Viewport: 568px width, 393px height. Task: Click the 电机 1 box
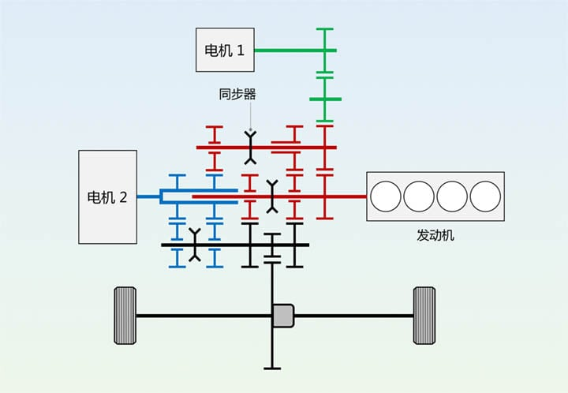pos(225,50)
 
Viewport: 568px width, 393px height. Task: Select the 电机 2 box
pos(107,196)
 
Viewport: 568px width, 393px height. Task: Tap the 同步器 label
pos(237,95)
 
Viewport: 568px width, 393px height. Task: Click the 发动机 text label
pos(435,235)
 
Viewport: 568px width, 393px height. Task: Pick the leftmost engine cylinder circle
pos(387,196)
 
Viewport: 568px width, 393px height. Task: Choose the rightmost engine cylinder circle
pos(485,196)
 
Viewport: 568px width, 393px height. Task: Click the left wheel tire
pos(125,316)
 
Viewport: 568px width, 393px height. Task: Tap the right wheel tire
pos(424,316)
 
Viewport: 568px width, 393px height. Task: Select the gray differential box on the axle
pos(283,316)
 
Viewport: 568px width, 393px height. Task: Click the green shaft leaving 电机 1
pos(288,51)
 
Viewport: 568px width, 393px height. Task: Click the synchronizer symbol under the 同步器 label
pos(252,147)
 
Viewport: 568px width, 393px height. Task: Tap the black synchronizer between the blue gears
pos(195,245)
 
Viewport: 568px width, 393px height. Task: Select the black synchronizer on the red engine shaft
pos(272,196)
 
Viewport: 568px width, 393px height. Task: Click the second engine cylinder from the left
pos(420,196)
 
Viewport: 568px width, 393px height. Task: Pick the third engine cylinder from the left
pos(453,196)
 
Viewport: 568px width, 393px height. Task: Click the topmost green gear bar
pos(324,29)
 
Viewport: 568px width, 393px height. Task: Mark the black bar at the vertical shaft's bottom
pos(272,367)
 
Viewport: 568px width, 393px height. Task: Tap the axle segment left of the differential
pos(205,316)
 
